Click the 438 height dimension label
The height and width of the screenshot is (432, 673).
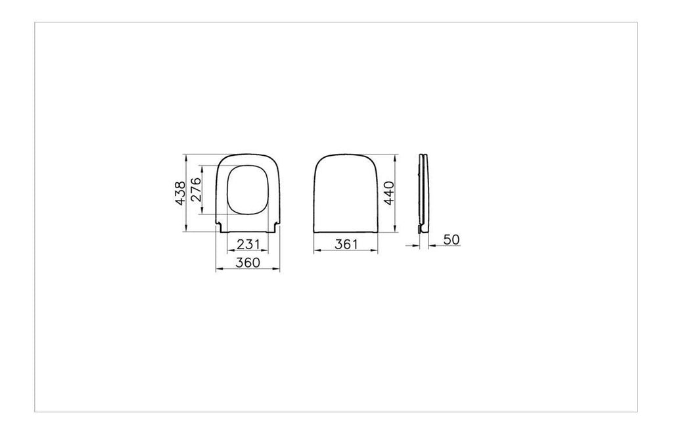pyautogui.click(x=181, y=193)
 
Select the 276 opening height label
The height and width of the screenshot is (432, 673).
pyautogui.click(x=196, y=189)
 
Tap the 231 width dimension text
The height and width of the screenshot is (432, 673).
pyautogui.click(x=248, y=244)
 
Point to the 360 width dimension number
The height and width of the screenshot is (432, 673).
pyautogui.click(x=248, y=262)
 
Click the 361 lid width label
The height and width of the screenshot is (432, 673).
pyautogui.click(x=346, y=244)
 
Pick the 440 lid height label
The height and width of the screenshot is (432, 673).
pyautogui.click(x=388, y=193)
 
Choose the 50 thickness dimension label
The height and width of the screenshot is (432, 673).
pyautogui.click(x=452, y=239)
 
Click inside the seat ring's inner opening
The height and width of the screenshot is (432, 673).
pyautogui.click(x=248, y=190)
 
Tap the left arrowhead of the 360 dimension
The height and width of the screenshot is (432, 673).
pyautogui.click(x=219, y=269)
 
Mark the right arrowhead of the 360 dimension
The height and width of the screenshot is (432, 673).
pyautogui.click(x=277, y=269)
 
